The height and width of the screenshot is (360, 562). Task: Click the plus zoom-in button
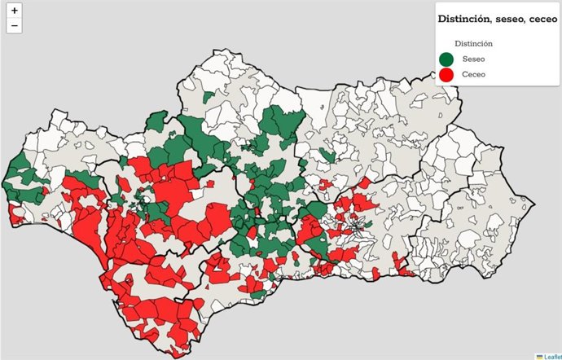click(x=15, y=11)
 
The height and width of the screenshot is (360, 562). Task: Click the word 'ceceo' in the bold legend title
click(x=538, y=18)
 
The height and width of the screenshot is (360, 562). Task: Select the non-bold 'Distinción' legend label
click(x=473, y=43)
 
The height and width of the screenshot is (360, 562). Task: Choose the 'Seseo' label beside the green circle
click(x=473, y=59)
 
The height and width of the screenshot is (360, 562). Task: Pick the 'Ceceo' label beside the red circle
click(x=474, y=75)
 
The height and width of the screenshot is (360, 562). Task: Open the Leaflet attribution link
click(x=551, y=356)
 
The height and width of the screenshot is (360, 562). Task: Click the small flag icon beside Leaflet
click(x=539, y=356)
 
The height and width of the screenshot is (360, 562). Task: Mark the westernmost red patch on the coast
click(x=15, y=215)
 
